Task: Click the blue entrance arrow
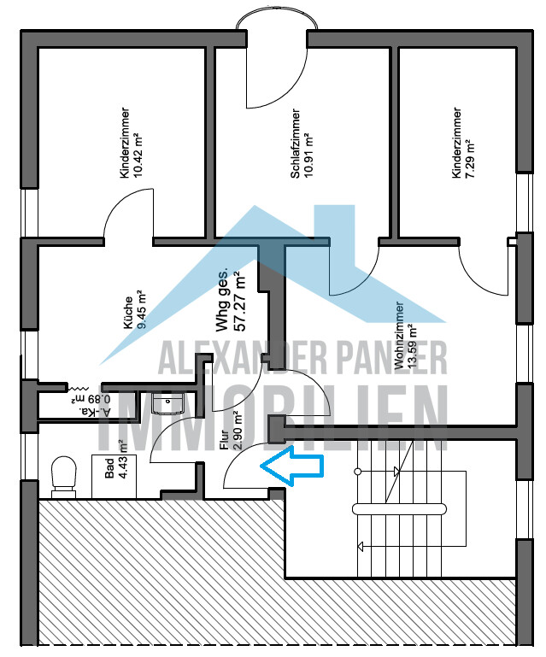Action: coord(292,466)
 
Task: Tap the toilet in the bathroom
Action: coord(64,477)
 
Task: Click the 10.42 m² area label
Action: coord(137,155)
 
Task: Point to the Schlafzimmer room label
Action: coord(296,144)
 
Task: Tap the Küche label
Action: coord(128,313)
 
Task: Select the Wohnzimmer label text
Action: coord(399,336)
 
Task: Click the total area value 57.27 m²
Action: coord(239,302)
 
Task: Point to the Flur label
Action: coord(225,439)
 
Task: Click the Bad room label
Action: coord(109,468)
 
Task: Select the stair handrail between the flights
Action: coord(399,509)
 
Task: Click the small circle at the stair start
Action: coord(357,472)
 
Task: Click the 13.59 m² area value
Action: coord(413,346)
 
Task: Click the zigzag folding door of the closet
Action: coord(77,389)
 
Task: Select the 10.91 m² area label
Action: coord(308,155)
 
